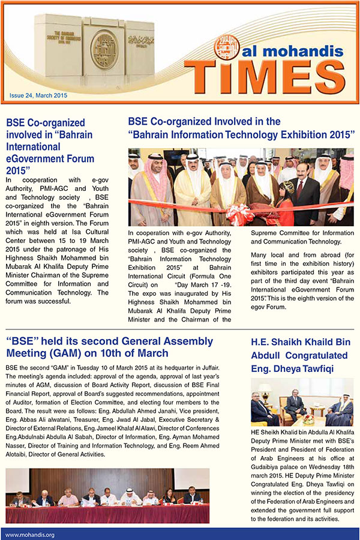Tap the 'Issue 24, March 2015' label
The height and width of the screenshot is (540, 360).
(x=38, y=95)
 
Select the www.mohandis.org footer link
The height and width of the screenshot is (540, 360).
(x=29, y=534)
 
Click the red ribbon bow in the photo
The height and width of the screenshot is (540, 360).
(x=238, y=214)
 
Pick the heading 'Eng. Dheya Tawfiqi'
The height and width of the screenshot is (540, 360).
(x=293, y=368)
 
